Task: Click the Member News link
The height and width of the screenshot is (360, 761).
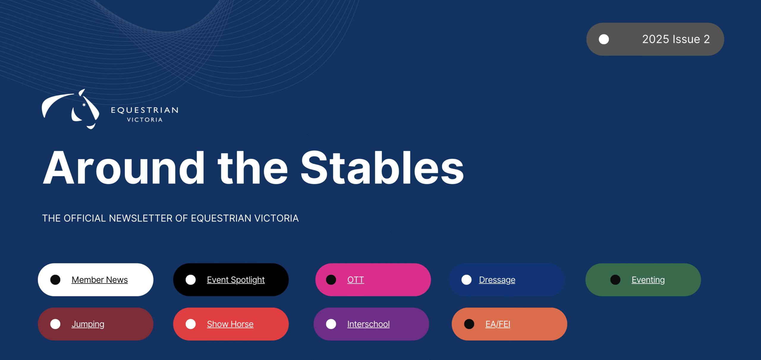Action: click(x=100, y=280)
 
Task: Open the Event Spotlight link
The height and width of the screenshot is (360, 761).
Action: click(x=236, y=280)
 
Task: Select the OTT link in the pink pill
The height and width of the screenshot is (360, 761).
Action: click(x=356, y=280)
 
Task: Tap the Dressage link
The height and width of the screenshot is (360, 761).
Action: click(x=497, y=280)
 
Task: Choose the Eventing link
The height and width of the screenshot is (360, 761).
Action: click(x=648, y=280)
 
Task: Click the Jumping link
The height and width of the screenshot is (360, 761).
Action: click(x=88, y=324)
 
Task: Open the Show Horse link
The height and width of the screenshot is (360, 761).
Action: click(x=230, y=324)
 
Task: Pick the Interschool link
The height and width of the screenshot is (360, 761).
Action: click(x=368, y=324)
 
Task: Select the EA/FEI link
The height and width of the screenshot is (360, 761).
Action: click(x=498, y=324)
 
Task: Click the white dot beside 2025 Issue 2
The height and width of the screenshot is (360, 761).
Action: click(x=604, y=39)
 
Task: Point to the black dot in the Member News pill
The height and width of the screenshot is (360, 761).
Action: click(x=55, y=280)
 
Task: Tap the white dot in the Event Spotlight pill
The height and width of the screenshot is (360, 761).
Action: click(x=191, y=280)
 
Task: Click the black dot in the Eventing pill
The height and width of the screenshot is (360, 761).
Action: click(x=615, y=280)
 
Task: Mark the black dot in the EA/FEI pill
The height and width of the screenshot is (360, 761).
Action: click(x=469, y=324)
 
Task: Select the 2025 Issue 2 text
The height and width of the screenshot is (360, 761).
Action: click(x=676, y=39)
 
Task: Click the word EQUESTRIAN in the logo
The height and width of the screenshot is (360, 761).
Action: click(x=145, y=110)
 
